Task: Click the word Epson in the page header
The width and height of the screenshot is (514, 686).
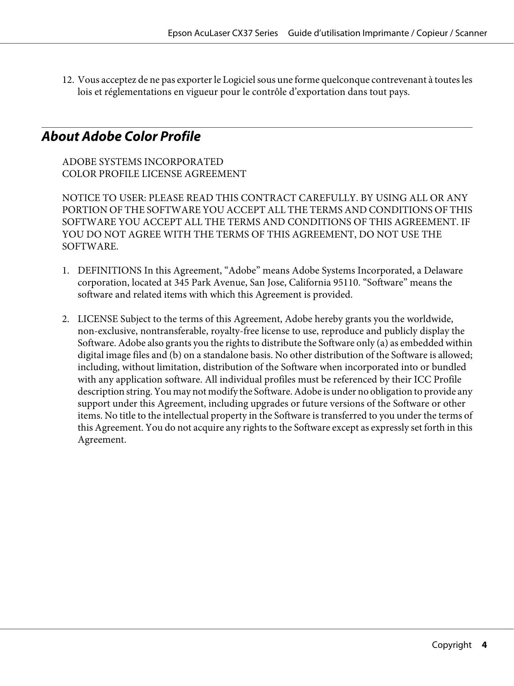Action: click(179, 33)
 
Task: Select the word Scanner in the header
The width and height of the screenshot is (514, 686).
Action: click(471, 33)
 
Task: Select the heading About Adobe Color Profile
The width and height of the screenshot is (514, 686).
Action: click(121, 136)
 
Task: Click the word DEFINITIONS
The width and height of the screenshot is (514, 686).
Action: click(109, 271)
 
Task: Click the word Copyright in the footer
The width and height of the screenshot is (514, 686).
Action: click(451, 645)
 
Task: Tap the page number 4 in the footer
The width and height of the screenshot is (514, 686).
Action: click(484, 645)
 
